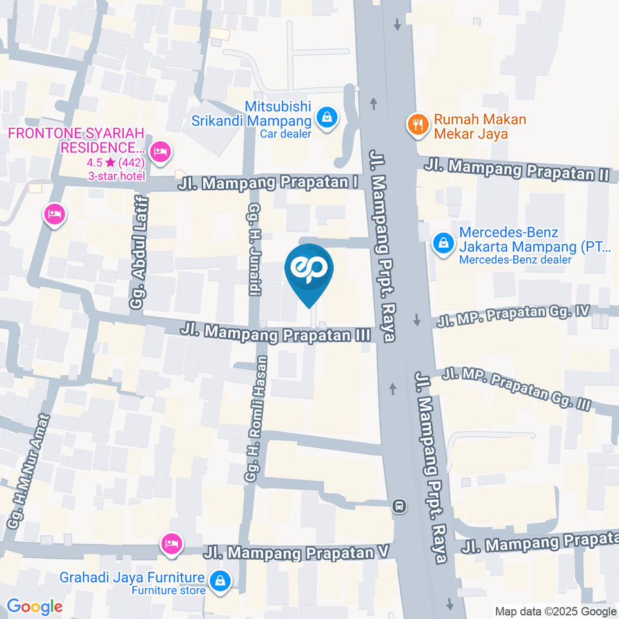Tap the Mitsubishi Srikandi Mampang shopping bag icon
coord(328,118)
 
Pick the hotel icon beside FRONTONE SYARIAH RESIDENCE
coord(159,152)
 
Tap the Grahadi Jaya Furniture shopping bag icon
coord(221,580)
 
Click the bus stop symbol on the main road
coord(400,506)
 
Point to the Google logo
coord(35,607)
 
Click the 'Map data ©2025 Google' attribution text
coord(556,611)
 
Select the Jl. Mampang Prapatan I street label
coord(269,183)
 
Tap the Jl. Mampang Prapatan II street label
coord(517,170)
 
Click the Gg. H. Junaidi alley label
coord(254,249)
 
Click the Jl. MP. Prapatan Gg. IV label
coord(513,316)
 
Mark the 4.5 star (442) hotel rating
coord(116,162)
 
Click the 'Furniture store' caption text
coord(169,591)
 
